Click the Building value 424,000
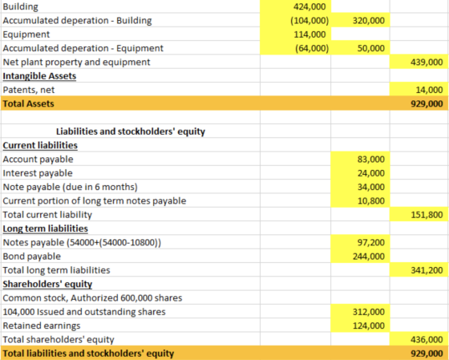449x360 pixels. (309, 6)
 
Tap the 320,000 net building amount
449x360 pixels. (369, 21)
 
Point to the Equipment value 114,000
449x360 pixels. (309, 34)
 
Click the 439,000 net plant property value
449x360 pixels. (427, 63)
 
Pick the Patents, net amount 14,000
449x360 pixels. (429, 90)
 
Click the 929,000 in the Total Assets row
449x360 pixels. (427, 103)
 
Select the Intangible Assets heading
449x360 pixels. (39, 76)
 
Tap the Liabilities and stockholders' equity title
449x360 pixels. (131, 131)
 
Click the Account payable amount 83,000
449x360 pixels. (370, 160)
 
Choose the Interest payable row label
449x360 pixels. (38, 173)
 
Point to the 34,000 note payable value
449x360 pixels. (370, 187)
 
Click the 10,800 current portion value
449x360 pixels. (370, 200)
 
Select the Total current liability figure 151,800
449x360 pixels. (427, 215)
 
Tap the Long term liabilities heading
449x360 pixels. (45, 229)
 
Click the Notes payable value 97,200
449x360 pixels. (370, 243)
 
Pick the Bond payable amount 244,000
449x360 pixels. (369, 257)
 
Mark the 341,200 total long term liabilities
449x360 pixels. (427, 270)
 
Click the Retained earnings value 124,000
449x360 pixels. (369, 326)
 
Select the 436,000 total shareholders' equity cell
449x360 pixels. (427, 340)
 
